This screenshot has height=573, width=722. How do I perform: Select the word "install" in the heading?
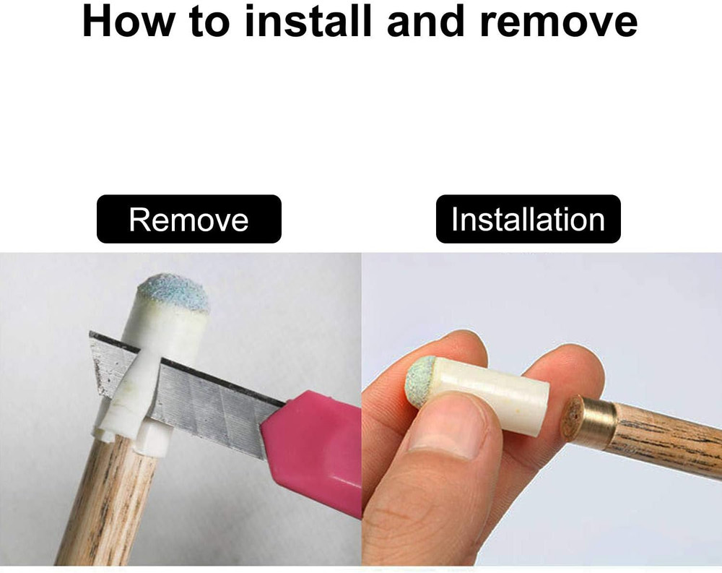click(x=308, y=21)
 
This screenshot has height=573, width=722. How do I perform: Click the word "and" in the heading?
click(x=425, y=21)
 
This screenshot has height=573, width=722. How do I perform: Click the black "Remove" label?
click(x=188, y=219)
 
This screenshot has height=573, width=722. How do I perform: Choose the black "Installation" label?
click(x=529, y=219)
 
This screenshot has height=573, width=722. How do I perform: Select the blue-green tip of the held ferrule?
click(x=420, y=382)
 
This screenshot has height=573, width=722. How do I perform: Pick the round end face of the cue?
click(x=572, y=417)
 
